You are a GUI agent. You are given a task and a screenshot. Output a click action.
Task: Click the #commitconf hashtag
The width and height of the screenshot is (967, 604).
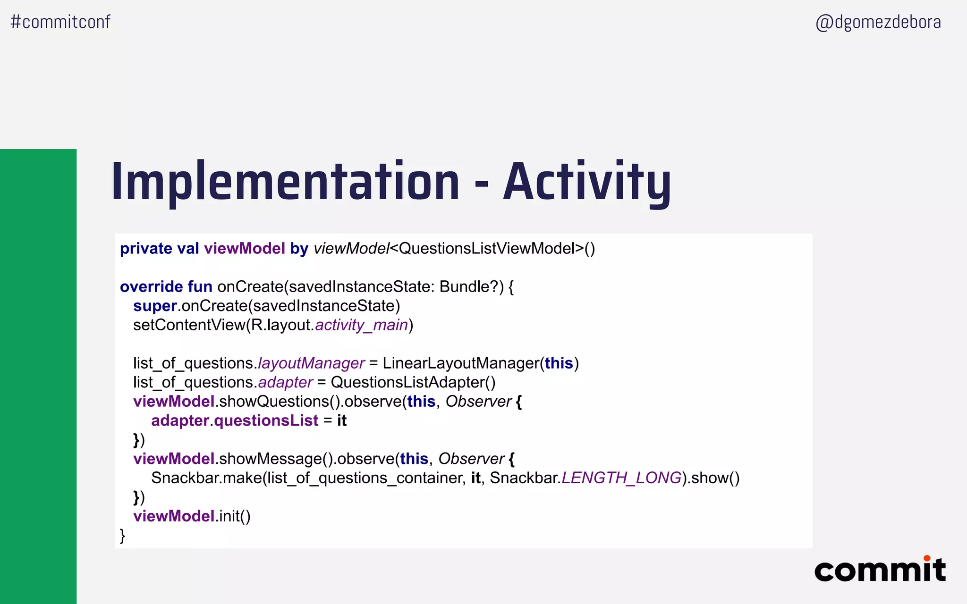coord(60,22)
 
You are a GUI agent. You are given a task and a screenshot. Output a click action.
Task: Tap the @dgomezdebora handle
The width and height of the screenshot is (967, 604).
coord(878,22)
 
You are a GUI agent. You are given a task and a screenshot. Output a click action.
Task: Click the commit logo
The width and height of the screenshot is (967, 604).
coord(880,570)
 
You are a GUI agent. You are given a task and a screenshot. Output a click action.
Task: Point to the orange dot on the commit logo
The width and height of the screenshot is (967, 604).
coord(927,558)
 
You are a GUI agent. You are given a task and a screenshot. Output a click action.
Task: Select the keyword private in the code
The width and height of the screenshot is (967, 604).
coord(146,249)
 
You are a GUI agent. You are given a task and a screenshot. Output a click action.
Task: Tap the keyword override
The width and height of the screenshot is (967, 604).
coord(151,287)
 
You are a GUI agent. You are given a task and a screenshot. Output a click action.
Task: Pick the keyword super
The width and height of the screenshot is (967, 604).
coord(155,306)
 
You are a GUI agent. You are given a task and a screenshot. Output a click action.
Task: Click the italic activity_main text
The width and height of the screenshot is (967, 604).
coord(361,325)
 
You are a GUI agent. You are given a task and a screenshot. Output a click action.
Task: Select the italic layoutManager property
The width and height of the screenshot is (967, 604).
coord(311,363)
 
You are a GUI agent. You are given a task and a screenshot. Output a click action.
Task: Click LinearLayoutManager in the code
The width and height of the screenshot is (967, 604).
coord(461,363)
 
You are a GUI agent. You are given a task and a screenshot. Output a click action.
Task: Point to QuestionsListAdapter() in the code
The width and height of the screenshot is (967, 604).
coord(413,382)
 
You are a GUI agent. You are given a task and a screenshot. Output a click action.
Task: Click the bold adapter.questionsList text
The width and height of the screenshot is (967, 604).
coord(235,420)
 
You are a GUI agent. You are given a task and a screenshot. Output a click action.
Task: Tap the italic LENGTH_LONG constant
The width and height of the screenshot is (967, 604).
coord(621,478)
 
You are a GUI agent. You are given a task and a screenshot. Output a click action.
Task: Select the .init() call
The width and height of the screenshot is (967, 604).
coord(233,516)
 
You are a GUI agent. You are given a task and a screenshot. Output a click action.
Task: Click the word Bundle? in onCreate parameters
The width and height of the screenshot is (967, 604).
coord(469,287)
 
